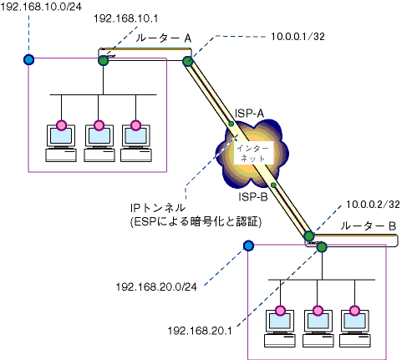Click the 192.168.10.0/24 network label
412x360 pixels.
(x=41, y=7)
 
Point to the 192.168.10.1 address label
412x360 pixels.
(x=125, y=18)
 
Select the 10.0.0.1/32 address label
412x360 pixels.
(x=298, y=37)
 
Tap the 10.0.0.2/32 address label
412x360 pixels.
(x=373, y=205)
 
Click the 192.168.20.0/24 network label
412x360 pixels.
(x=156, y=286)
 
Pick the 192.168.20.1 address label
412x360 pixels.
(x=200, y=331)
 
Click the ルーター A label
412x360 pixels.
(x=164, y=38)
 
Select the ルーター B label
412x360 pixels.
(x=369, y=226)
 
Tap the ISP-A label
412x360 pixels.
(x=249, y=114)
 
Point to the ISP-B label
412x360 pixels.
(x=253, y=197)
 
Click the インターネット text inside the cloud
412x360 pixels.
(x=252, y=154)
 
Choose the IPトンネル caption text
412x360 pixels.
(x=158, y=208)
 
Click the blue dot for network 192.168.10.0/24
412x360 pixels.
(x=28, y=59)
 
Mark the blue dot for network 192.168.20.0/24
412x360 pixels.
(x=248, y=246)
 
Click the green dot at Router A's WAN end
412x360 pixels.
(x=188, y=61)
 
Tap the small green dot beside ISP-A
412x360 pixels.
(x=231, y=124)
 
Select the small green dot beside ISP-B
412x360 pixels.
(x=273, y=185)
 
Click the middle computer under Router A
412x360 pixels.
(x=99, y=144)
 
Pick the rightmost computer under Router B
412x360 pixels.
(x=355, y=328)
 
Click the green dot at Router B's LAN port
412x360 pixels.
(x=322, y=247)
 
